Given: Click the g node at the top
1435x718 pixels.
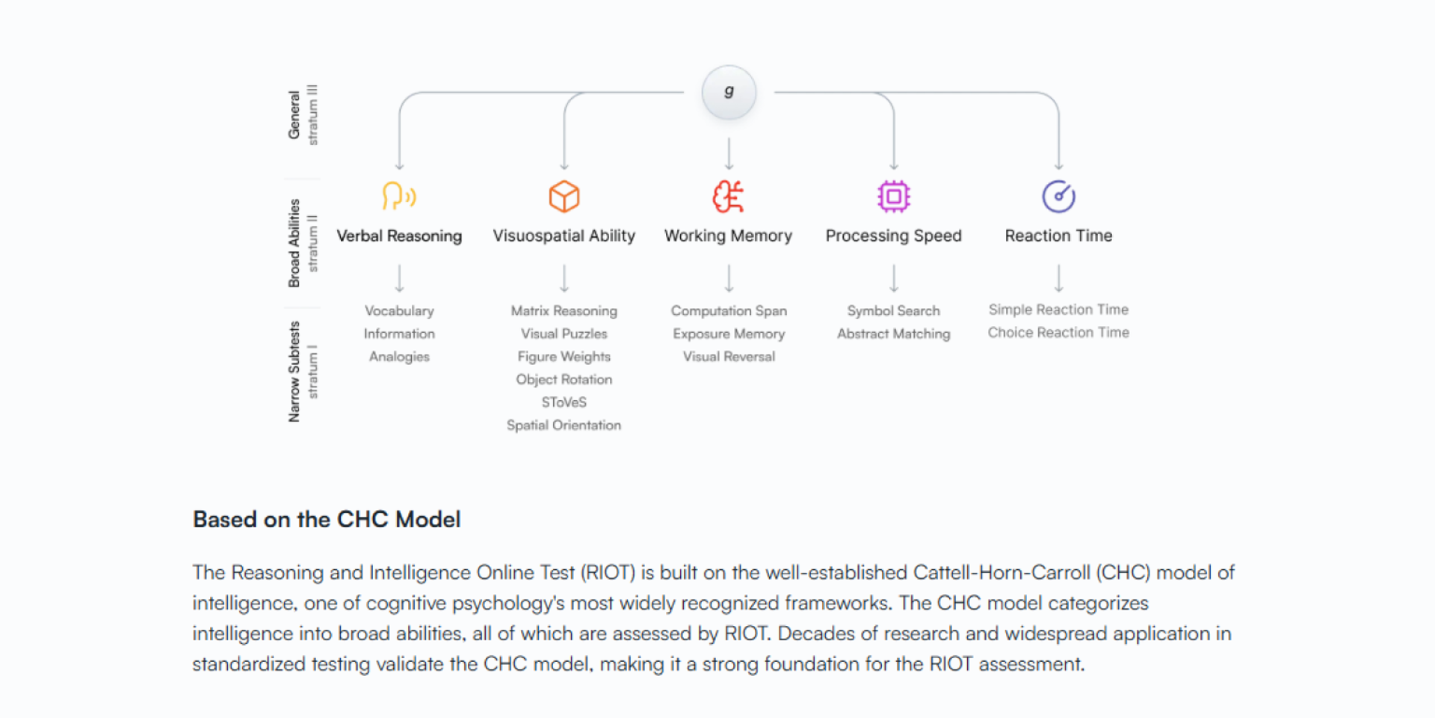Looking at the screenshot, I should click(x=729, y=92).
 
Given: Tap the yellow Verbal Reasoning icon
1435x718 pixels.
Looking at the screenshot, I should click(x=399, y=197).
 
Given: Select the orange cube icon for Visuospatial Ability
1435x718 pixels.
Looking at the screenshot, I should click(x=564, y=197).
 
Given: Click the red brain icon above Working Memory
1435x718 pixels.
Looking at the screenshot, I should click(x=729, y=197).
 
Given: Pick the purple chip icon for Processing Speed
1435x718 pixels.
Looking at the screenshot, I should click(x=894, y=197).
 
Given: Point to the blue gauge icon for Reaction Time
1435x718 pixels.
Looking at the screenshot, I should click(x=1058, y=197).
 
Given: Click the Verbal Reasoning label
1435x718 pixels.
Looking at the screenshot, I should click(x=399, y=236).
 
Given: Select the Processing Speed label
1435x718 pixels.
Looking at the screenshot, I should click(x=894, y=236).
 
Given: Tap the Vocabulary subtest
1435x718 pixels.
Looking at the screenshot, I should click(x=399, y=310).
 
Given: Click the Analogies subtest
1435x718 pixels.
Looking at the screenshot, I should click(x=399, y=357).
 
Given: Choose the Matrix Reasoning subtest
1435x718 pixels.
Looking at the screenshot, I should click(x=564, y=310).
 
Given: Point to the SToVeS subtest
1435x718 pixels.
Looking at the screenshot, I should click(x=564, y=402).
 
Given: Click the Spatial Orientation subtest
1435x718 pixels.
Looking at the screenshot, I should click(x=564, y=426).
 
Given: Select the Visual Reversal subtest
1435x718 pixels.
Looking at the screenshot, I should click(x=729, y=357).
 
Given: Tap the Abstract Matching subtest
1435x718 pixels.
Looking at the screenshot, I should click(x=894, y=334).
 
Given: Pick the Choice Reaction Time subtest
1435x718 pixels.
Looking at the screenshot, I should click(x=1058, y=333).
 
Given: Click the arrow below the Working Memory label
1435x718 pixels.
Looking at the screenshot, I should click(x=729, y=277).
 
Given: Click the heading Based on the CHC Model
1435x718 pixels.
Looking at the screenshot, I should click(x=327, y=520).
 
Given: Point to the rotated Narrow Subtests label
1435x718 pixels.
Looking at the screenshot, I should click(x=294, y=372).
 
